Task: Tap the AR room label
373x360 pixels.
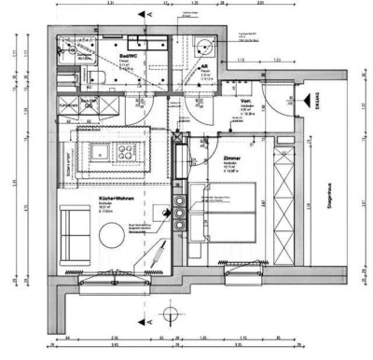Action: [203, 67]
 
